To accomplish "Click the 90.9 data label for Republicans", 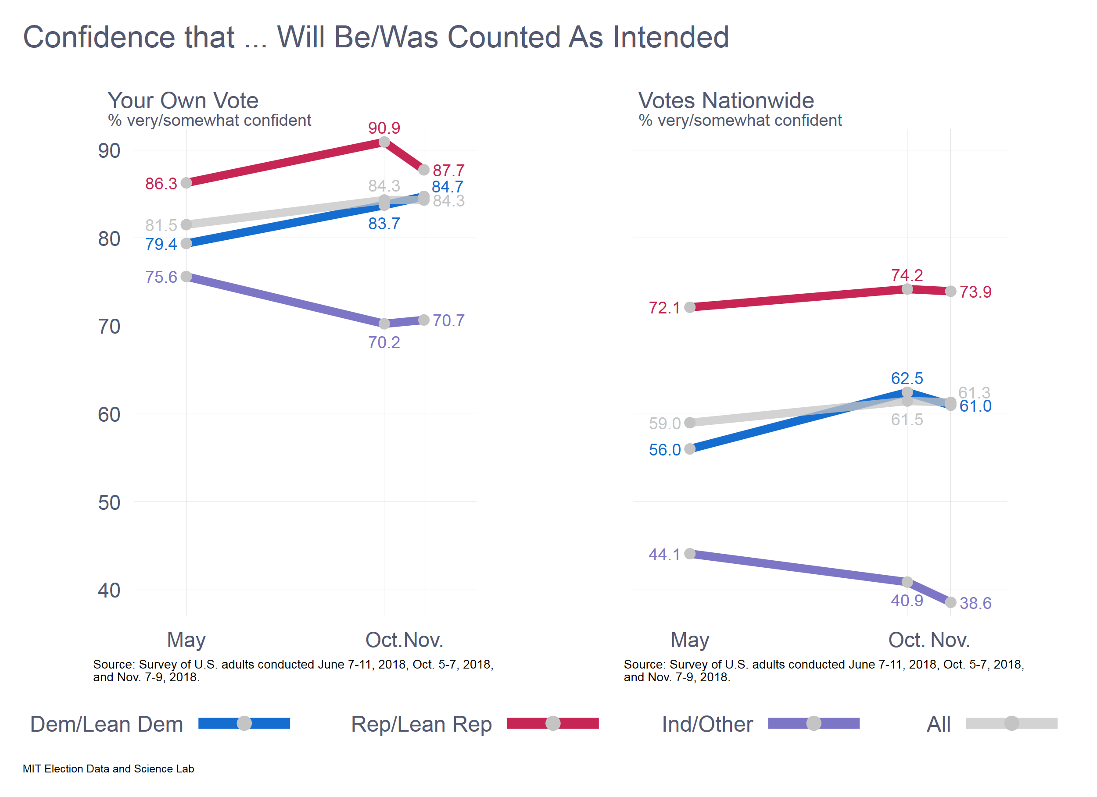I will [384, 128].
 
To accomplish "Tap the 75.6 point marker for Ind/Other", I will [186, 277].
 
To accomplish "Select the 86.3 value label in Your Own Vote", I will [161, 184].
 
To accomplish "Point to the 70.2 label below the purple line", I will [384, 343].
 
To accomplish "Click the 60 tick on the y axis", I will [109, 415].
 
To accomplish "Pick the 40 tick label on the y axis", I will [109, 591].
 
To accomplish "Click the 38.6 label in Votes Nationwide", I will [975, 603].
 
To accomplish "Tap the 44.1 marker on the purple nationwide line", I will [690, 553].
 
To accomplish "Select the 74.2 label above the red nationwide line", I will [907, 275].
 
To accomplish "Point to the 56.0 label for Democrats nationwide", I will [665, 450].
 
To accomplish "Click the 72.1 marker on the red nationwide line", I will [690, 307].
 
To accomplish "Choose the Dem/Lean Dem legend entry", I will [107, 724].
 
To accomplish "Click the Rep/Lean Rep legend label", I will [421, 724].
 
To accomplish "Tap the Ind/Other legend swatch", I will [814, 723].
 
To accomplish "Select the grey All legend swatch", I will [1011, 723].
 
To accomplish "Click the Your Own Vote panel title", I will [183, 100].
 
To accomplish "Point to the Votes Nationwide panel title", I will [726, 100].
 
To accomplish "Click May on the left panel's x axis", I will [186, 640].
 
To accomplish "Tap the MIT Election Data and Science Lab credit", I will [108, 769].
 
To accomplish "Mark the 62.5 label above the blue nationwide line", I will [907, 378].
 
